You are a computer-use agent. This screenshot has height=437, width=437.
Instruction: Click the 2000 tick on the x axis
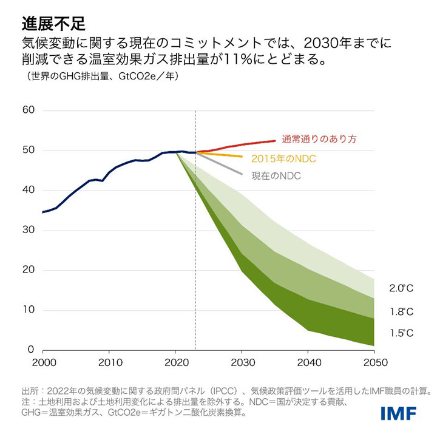point(42,362)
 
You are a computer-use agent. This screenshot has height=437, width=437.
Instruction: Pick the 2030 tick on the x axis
point(242,362)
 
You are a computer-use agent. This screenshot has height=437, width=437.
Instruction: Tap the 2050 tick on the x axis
point(374,362)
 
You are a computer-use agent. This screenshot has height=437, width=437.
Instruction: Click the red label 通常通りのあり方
point(319,139)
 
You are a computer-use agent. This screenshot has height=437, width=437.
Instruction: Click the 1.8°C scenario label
point(402,311)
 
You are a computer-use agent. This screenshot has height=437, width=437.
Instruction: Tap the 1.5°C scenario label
point(402,333)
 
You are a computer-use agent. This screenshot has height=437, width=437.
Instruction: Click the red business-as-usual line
point(243,144)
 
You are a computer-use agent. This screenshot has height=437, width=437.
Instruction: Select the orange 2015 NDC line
point(225,155)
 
